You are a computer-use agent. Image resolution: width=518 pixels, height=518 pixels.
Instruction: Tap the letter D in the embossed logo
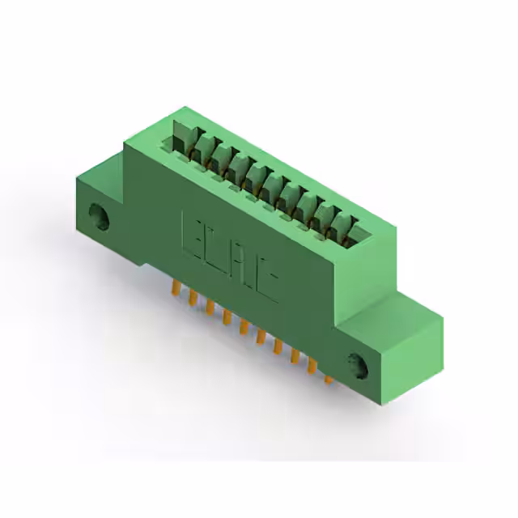217,248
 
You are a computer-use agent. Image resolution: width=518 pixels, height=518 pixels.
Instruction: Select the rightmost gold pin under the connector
328,376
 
